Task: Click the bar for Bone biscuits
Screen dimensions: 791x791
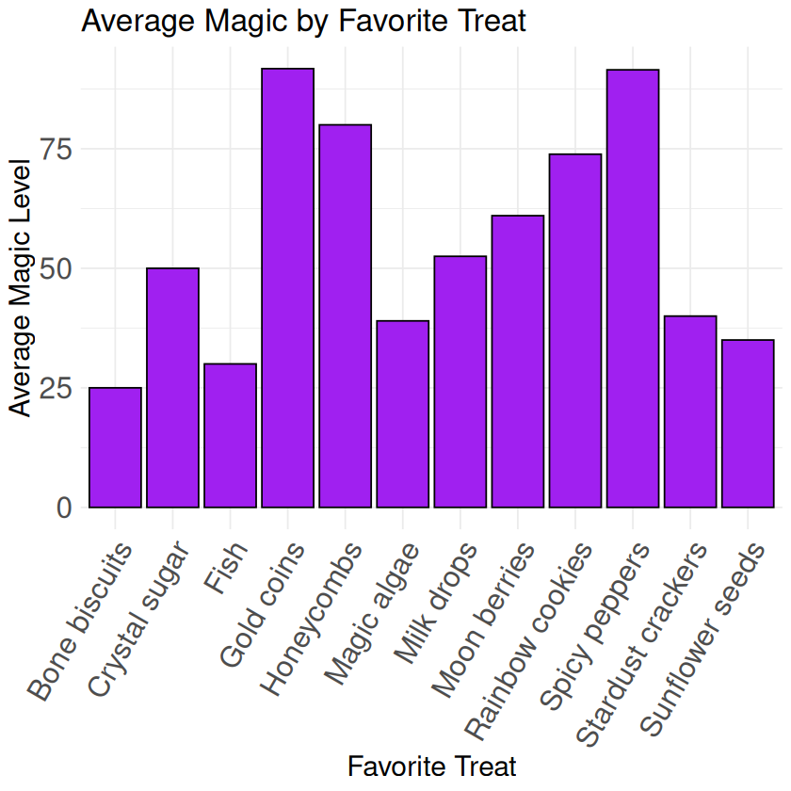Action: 115,447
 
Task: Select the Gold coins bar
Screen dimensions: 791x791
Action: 287,288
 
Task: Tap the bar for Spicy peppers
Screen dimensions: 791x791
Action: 633,288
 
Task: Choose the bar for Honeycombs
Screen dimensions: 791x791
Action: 345,316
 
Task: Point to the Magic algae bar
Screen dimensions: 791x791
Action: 402,414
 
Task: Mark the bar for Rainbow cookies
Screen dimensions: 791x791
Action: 575,331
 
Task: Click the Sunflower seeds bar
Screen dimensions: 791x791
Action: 748,424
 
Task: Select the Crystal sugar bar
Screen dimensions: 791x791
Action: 172,388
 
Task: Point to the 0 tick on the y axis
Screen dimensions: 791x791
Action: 64,508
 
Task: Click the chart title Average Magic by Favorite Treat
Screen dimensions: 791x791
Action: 303,21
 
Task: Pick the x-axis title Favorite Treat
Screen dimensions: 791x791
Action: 432,765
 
